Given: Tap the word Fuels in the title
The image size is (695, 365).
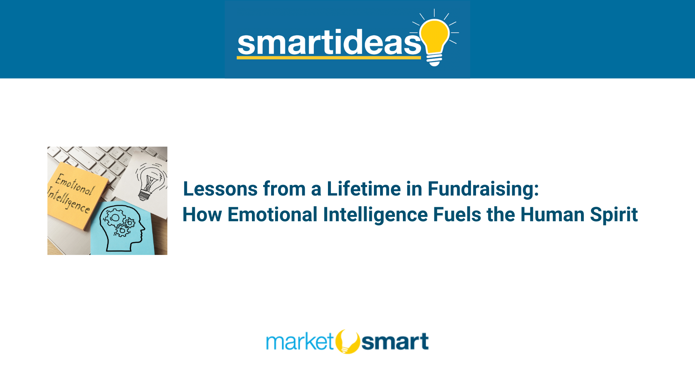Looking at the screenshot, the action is (457, 214).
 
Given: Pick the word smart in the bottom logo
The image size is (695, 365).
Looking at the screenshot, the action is (395, 341).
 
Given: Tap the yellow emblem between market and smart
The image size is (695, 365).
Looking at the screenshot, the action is (347, 341).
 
